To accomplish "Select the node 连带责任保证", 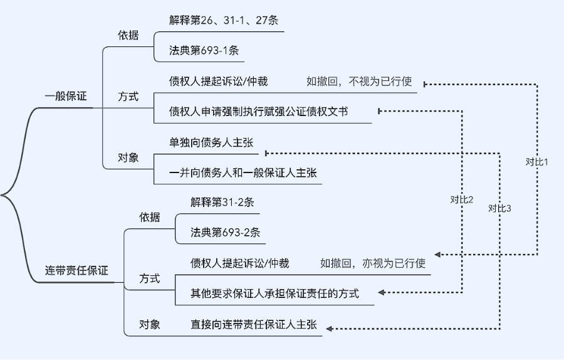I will pyautogui.click(x=76, y=271).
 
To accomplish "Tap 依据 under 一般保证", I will pyautogui.click(x=128, y=35).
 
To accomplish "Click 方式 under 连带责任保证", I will pyautogui.click(x=150, y=278).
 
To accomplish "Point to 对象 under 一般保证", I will pyautogui.click(x=128, y=157).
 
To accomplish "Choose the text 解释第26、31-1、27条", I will pyautogui.click(x=224, y=20).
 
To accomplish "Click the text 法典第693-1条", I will pyautogui.click(x=204, y=51).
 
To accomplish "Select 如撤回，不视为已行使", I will pyautogui.click(x=358, y=81).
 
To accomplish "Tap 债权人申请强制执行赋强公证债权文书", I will pyautogui.click(x=259, y=112).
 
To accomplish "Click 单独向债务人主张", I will pyautogui.click(x=211, y=142).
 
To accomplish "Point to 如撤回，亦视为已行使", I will pyautogui.click(x=373, y=263).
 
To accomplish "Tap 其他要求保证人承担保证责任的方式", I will pyautogui.click(x=275, y=294).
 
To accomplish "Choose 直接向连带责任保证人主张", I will pyautogui.click(x=254, y=324).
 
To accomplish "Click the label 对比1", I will pyautogui.click(x=537, y=162).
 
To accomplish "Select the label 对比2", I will pyautogui.click(x=462, y=200).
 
